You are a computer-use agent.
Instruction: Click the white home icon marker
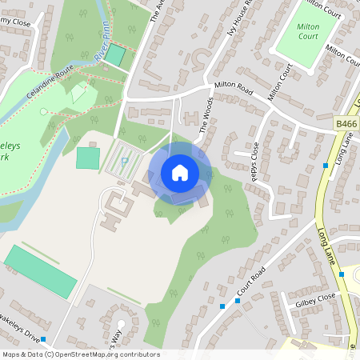(180, 172)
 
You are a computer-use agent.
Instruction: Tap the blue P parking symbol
(124, 162)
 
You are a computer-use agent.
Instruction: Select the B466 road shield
(346, 124)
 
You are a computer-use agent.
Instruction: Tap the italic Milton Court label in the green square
(308, 31)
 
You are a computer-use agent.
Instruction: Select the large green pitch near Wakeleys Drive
(40, 271)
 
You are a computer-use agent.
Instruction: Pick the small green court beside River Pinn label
(116, 55)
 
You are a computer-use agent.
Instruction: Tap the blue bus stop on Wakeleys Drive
(54, 339)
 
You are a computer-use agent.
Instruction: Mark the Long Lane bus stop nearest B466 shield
(326, 165)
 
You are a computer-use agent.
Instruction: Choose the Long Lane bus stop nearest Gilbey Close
(342, 274)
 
